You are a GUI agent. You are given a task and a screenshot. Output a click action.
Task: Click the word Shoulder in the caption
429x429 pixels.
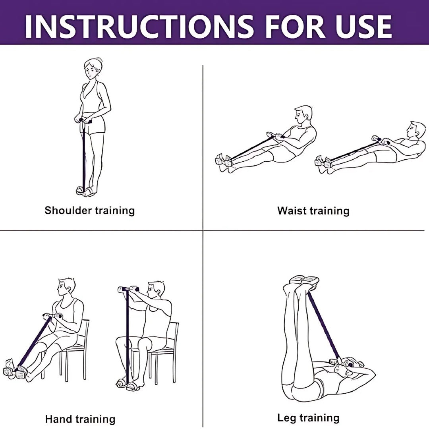point(68,211)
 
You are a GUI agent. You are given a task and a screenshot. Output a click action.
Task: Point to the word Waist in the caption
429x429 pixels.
point(292,211)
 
